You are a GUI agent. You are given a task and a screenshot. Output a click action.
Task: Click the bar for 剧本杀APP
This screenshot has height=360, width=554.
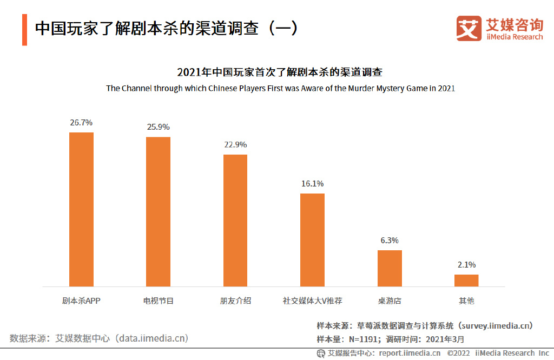click(x=81, y=209)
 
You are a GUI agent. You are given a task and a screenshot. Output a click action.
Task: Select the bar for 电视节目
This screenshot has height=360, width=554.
click(x=158, y=211)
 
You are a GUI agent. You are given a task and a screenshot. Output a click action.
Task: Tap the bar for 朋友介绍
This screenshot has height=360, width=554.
click(x=235, y=221)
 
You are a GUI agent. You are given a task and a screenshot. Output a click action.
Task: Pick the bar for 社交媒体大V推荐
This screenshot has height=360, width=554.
click(x=312, y=239)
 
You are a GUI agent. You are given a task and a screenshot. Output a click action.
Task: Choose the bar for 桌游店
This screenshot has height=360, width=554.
click(x=390, y=268)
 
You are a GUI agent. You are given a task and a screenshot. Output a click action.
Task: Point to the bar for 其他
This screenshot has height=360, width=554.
click(x=466, y=280)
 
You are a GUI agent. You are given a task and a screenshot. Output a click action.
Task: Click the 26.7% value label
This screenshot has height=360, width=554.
click(x=81, y=123)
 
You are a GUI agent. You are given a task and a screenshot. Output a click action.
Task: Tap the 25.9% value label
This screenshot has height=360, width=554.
click(x=158, y=127)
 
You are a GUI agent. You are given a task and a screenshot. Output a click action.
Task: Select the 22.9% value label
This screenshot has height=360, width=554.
click(x=235, y=145)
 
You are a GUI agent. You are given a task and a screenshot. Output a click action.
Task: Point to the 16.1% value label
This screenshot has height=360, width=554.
click(x=312, y=184)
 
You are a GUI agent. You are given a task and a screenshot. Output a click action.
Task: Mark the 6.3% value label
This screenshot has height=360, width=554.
click(x=390, y=241)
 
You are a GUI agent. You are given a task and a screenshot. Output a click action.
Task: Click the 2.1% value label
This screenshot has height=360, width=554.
click(x=466, y=265)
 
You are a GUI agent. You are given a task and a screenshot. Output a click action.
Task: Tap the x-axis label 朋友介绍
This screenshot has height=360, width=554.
click(x=235, y=301)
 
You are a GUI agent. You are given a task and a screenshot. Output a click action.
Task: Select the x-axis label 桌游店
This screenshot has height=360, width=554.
click(x=390, y=301)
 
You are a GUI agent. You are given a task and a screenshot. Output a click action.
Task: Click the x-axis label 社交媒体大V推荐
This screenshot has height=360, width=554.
click(x=312, y=301)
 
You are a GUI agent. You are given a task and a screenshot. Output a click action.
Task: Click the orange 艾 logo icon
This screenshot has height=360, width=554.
click(x=469, y=28)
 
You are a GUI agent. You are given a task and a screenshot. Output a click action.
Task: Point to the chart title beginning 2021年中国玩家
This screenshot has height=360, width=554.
click(x=280, y=72)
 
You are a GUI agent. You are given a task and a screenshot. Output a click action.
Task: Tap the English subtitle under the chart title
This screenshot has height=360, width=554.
click(x=280, y=88)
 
